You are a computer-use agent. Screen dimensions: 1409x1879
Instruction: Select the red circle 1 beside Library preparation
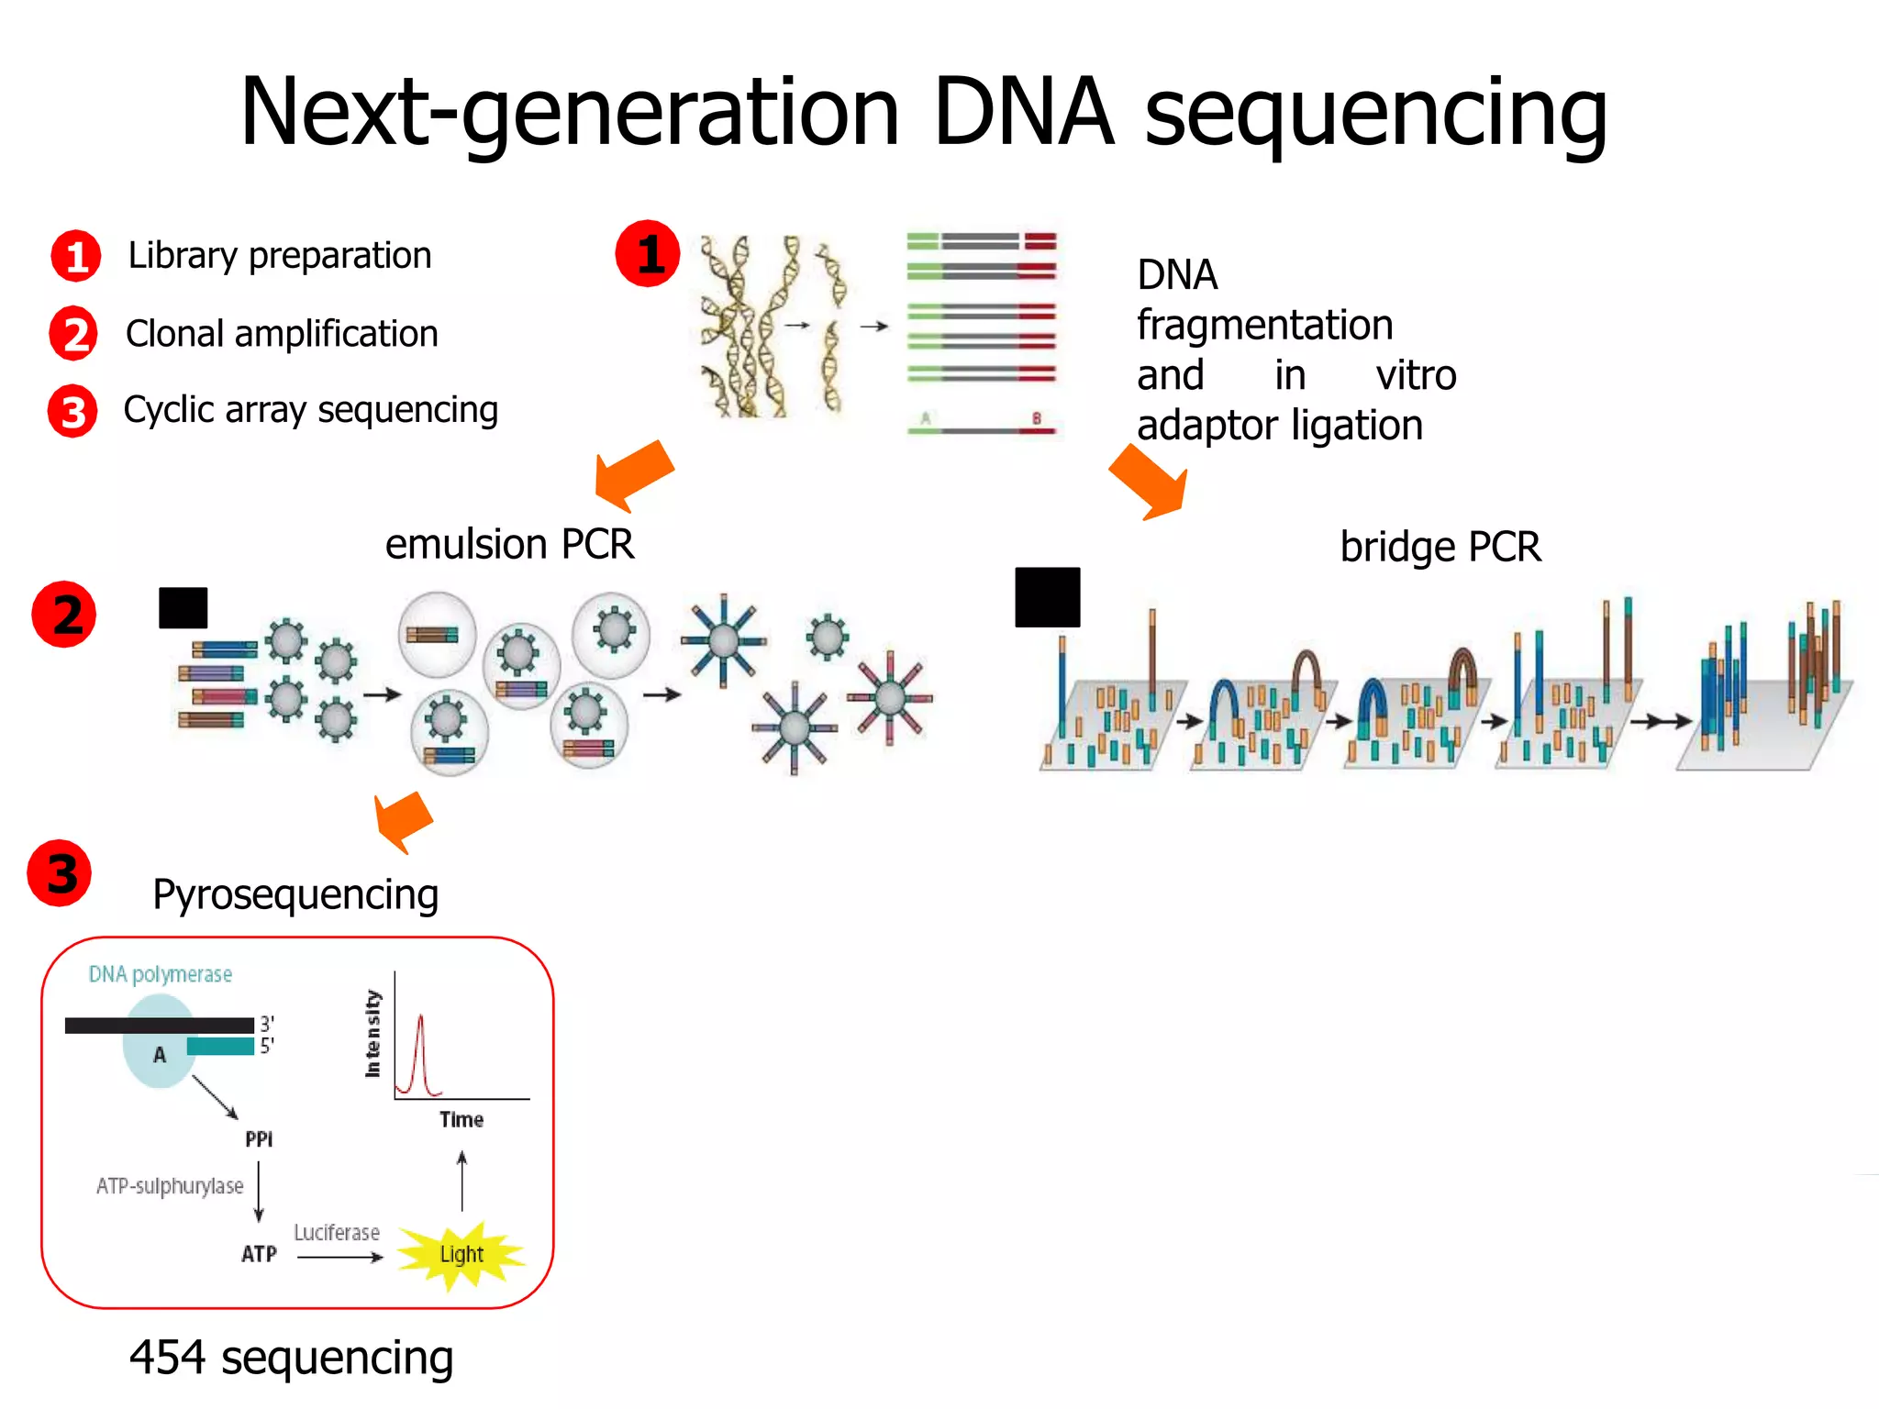75,256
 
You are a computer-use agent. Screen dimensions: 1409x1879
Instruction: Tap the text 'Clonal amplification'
282,334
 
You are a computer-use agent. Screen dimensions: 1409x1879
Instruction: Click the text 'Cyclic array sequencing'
310,410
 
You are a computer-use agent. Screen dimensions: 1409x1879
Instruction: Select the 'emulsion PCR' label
509,544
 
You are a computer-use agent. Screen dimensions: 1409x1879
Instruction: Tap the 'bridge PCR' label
1440,547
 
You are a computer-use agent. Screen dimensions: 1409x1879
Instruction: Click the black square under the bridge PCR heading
1047,597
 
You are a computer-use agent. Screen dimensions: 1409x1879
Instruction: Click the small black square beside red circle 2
183,607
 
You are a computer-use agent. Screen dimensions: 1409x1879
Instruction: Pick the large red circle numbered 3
60,873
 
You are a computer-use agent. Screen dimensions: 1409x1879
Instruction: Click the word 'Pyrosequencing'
295,894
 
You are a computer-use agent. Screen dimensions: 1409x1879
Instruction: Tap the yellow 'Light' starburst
461,1254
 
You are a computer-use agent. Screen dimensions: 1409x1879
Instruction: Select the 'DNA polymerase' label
160,974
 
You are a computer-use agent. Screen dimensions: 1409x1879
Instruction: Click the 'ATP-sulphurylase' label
170,1186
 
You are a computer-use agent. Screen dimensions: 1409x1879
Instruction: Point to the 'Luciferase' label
337,1233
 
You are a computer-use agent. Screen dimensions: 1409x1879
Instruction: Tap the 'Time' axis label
461,1119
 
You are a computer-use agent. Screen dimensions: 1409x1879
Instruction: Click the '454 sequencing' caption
291,1358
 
